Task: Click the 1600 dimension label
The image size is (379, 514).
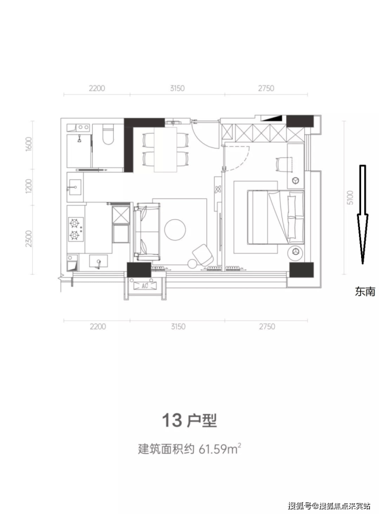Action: [29, 143]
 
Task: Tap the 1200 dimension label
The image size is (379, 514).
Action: [29, 186]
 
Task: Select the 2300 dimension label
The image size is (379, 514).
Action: [29, 239]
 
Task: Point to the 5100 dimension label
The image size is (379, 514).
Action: [350, 197]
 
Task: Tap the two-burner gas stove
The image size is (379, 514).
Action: [75, 229]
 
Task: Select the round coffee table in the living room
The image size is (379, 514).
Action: [175, 229]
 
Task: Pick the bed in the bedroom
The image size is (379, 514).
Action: [276, 217]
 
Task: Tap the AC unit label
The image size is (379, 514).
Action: [144, 286]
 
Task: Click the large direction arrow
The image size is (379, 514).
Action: [362, 215]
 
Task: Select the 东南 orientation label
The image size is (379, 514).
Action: [365, 291]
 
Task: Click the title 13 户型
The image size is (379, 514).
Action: [189, 421]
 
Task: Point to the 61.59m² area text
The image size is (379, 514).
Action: [220, 449]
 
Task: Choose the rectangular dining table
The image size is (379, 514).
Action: [165, 149]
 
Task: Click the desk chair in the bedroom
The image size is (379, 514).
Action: [283, 164]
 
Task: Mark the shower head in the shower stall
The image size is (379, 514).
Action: [79, 139]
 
